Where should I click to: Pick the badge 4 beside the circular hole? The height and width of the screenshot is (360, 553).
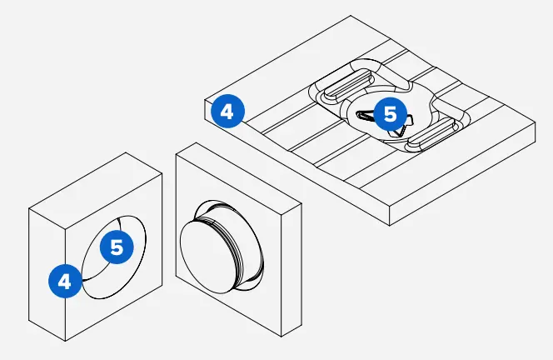pos(65,280)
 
